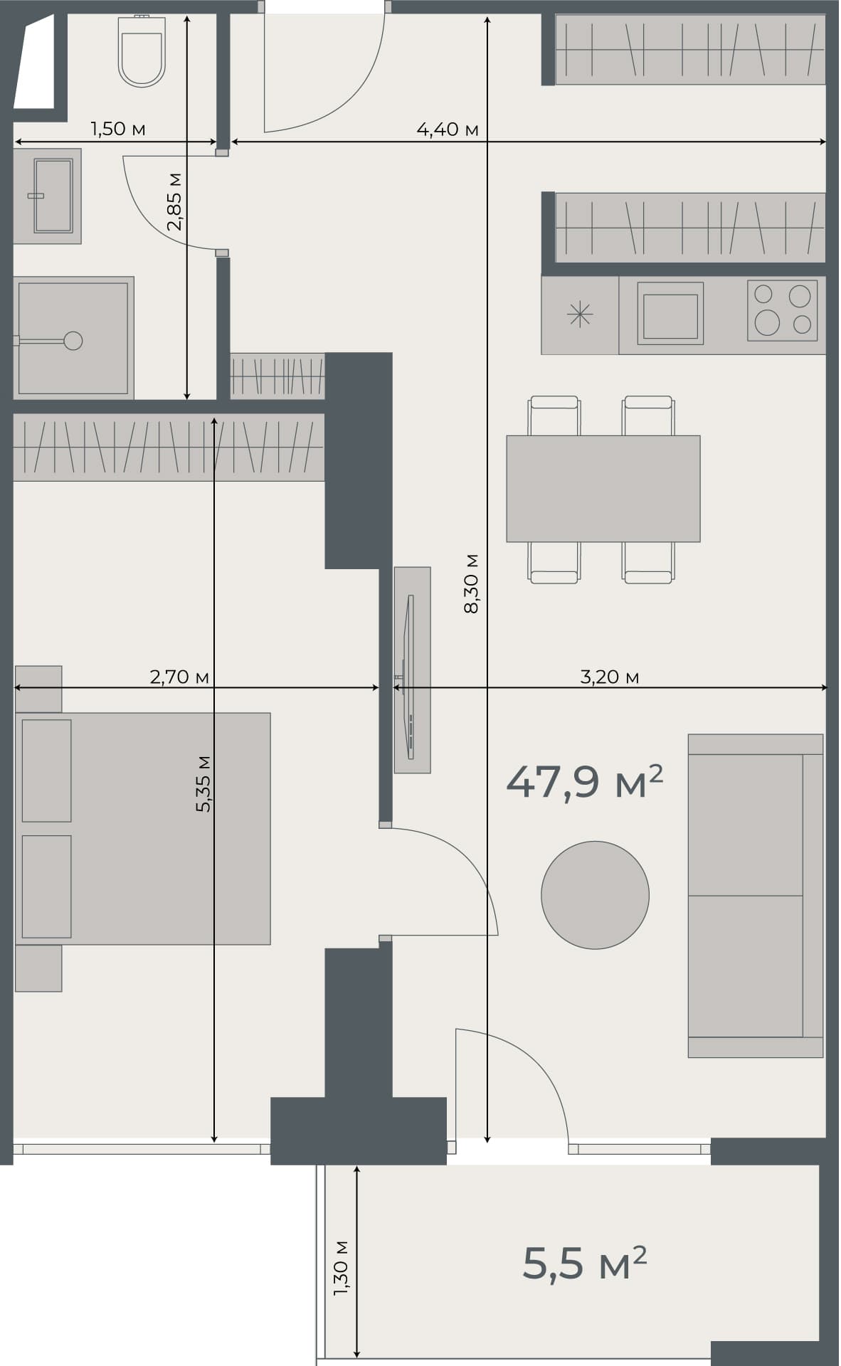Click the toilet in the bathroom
142,53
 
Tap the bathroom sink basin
53,196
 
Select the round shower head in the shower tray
73,341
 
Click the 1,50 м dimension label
118,129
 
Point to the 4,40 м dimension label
447,129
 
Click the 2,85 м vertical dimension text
174,201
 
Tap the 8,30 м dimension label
471,583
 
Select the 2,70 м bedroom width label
179,677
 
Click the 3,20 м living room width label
609,677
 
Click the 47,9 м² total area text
584,782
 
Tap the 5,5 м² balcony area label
584,1264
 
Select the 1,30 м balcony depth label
341,1267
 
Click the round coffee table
595,894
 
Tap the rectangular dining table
603,489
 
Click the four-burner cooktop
782,309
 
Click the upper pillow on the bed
46,770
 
